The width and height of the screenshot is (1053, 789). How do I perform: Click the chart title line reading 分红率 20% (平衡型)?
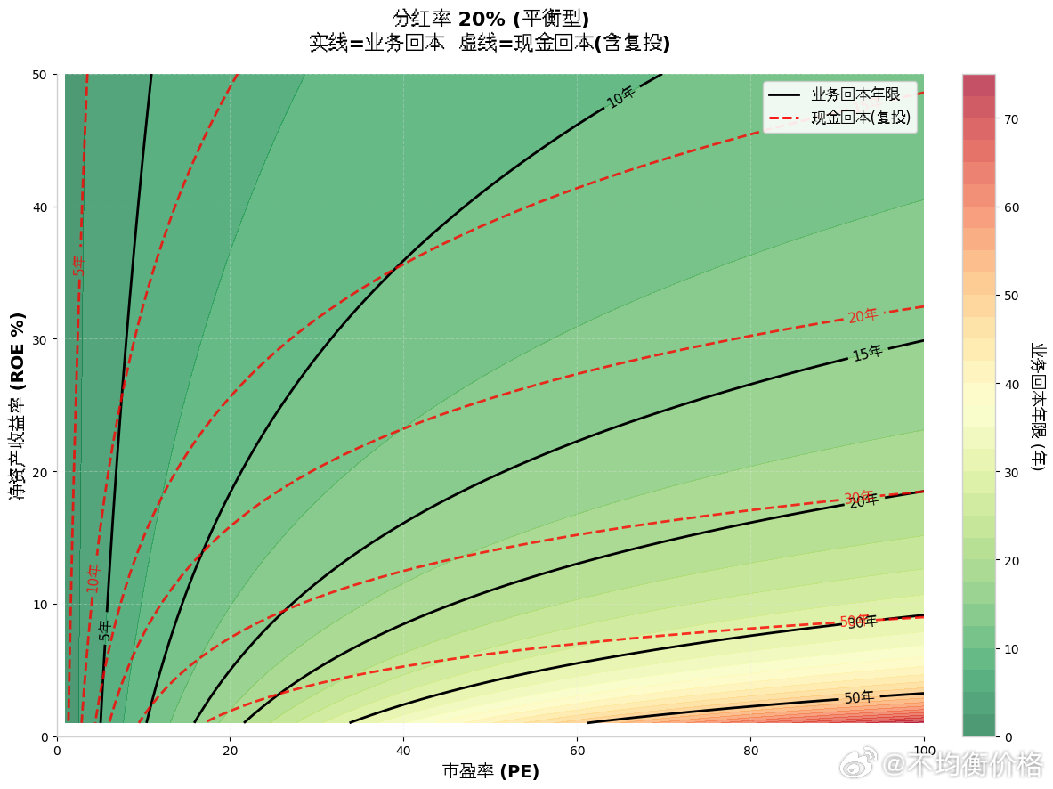point(490,20)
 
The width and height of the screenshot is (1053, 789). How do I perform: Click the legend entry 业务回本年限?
point(855,94)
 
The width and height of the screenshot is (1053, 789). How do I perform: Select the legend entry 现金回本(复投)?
point(860,118)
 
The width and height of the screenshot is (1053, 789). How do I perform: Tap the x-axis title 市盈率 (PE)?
point(490,771)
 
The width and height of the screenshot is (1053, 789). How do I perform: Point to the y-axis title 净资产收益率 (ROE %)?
point(18,405)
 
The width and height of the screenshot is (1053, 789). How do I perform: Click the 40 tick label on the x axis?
point(403,751)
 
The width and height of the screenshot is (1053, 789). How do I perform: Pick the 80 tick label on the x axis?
point(750,751)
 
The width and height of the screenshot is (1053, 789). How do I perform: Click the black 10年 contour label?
point(620,97)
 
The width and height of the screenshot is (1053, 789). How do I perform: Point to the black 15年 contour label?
point(867,353)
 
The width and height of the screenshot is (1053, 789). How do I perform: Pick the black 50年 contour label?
point(859,697)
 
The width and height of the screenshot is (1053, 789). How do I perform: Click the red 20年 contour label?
point(863,316)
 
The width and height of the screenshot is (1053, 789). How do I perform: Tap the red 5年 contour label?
point(78,264)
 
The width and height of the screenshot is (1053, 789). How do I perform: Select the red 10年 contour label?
point(93,578)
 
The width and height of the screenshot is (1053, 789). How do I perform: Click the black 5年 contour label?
point(105,630)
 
